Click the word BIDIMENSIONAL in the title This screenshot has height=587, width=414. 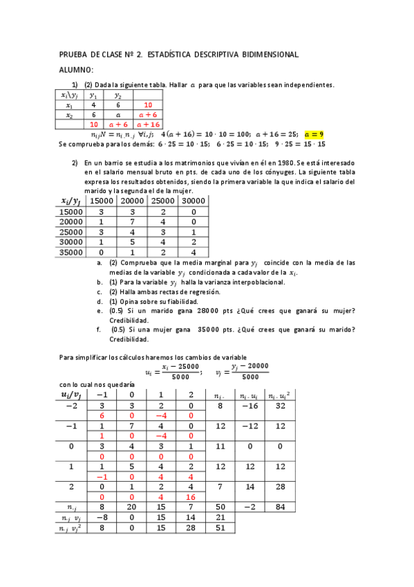coord(270,54)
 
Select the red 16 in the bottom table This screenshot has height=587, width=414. coord(191,496)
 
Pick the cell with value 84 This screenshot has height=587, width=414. coord(279,507)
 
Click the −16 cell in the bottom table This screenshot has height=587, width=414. coord(250,406)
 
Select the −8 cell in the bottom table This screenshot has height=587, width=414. coord(101,517)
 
